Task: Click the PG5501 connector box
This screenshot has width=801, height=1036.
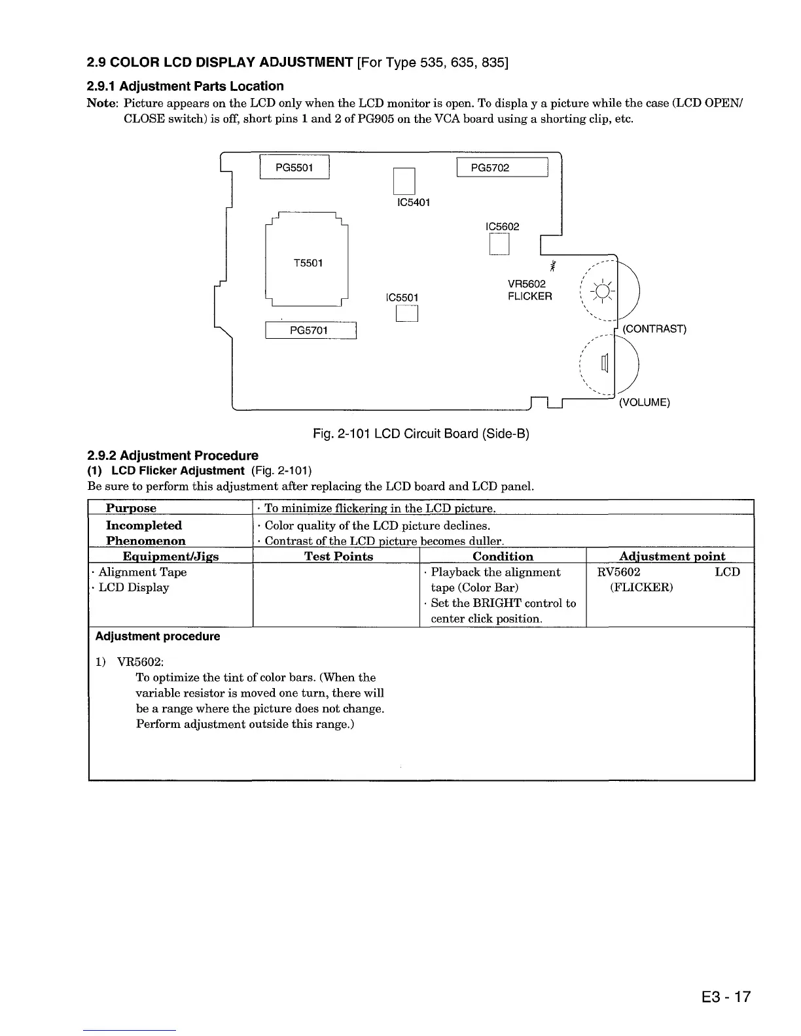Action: (x=294, y=168)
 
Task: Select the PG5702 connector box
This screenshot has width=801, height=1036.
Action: (x=501, y=168)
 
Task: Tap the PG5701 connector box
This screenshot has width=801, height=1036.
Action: (x=310, y=330)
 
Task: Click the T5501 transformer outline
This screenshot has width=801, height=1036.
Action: (x=306, y=263)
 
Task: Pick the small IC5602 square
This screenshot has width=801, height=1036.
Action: (x=499, y=244)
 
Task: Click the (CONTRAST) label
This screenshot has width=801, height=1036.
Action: (x=654, y=329)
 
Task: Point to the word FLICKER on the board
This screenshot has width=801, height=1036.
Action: (x=529, y=296)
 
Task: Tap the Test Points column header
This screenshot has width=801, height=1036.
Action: (x=338, y=557)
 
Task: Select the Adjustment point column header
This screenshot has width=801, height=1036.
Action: (x=671, y=557)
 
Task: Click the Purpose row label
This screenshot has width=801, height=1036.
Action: (x=131, y=508)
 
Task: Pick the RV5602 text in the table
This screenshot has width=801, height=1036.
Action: (x=618, y=572)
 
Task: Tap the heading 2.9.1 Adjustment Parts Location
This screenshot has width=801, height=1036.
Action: (x=185, y=86)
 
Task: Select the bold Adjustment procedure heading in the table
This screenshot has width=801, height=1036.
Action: (x=158, y=636)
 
